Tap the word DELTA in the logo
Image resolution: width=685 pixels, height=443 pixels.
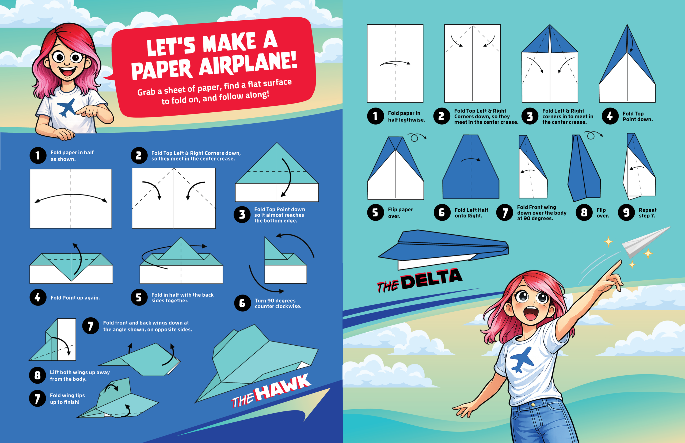pos(432,278)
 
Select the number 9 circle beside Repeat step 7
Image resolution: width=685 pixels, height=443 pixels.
pos(626,213)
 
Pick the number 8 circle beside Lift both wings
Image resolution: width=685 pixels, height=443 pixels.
pos(37,375)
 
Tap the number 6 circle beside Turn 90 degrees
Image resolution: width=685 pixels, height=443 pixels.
pos(242,303)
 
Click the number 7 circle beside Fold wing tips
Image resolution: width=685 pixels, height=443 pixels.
pos(37,399)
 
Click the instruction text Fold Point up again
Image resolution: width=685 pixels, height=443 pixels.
pos(75,298)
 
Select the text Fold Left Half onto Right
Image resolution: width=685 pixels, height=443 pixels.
pos(471,213)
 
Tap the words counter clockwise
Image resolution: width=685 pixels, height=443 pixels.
pos(278,306)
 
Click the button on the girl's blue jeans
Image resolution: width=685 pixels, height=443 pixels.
pos(533,404)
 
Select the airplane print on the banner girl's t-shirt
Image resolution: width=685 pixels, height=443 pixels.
pos(66,108)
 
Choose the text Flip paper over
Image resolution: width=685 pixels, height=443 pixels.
pos(400,213)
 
